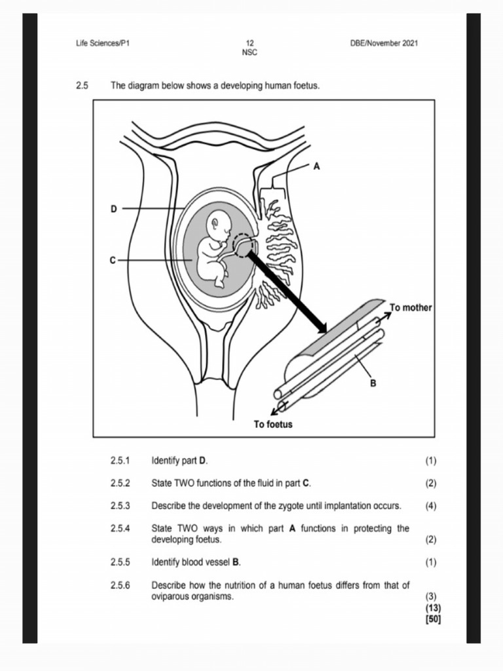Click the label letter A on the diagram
pos(317,166)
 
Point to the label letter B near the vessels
pos(373,383)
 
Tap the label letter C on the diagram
pos(113,260)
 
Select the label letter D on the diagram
pos(113,209)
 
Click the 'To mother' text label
pos(411,307)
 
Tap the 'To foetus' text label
pos(273,425)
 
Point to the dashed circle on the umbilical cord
pos(243,246)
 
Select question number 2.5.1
pos(121,461)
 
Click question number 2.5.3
pos(121,506)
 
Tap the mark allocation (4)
pos(430,506)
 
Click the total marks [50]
pos(432,618)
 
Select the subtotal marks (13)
pos(432,607)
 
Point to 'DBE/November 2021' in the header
pos(384,43)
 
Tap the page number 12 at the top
pos(250,43)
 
